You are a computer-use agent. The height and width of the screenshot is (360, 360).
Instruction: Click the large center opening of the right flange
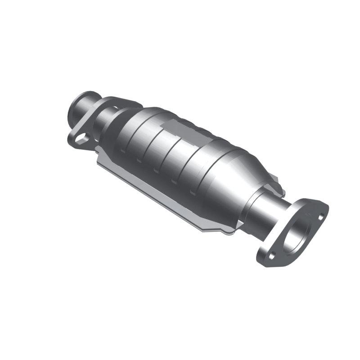(299, 234)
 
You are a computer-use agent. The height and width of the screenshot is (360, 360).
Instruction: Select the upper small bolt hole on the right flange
(320, 216)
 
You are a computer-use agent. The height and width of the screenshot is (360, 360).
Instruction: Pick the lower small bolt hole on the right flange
(271, 256)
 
